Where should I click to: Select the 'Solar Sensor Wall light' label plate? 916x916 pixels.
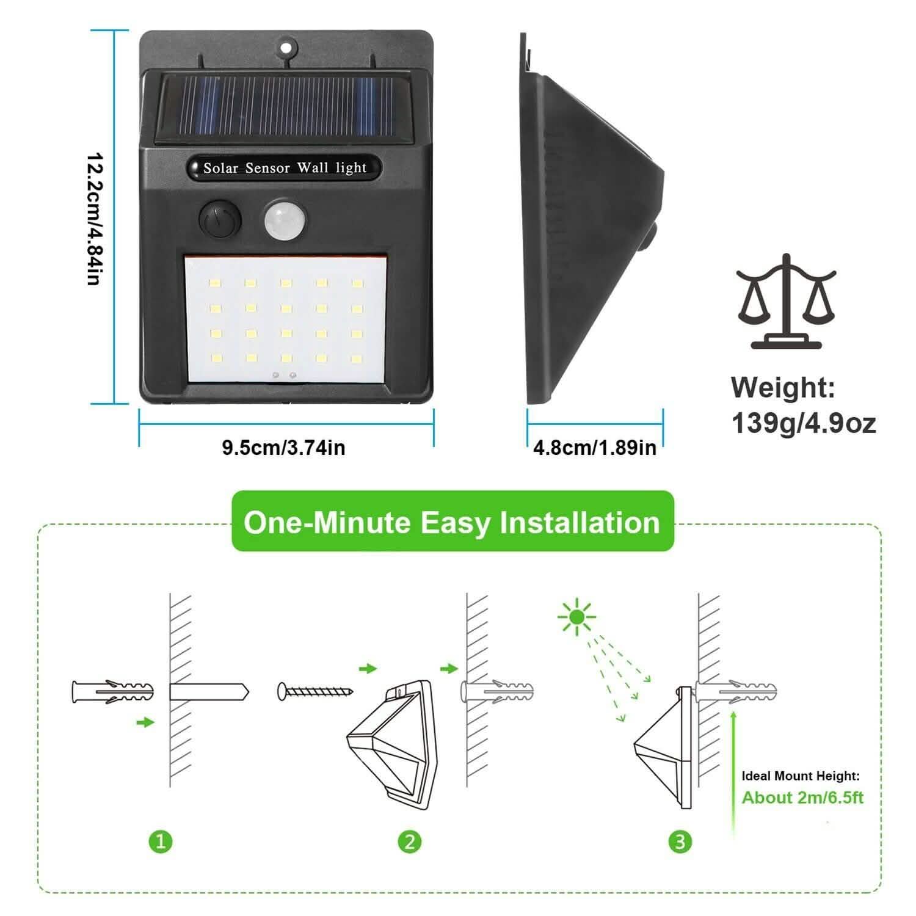point(285,168)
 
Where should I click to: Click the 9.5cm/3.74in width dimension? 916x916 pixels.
point(284,448)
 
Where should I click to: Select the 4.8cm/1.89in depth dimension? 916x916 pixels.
point(595,448)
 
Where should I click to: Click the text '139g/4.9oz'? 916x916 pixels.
point(803,423)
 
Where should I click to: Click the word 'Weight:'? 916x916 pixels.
point(783,388)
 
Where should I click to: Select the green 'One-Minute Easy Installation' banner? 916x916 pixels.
point(452,522)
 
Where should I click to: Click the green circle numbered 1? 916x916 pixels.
point(161,841)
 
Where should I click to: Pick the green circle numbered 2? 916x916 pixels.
point(410,841)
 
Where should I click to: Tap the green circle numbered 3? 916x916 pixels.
point(680,841)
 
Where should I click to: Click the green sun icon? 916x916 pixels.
point(576,618)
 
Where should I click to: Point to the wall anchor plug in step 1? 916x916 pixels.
point(112,692)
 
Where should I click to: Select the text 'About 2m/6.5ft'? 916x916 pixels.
point(802,798)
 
